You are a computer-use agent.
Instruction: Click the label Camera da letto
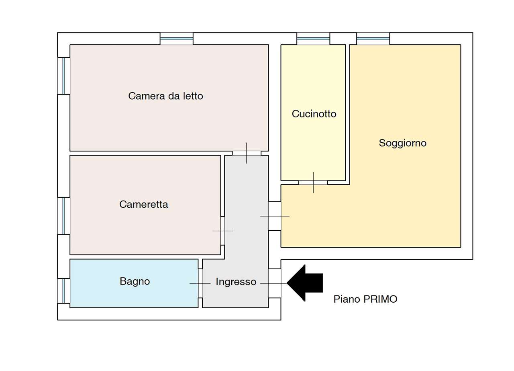tap(165, 96)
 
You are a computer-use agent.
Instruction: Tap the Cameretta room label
tap(143, 205)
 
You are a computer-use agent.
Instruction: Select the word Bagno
tap(135, 281)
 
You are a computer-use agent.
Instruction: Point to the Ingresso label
tap(236, 282)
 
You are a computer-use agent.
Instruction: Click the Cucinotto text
tap(314, 114)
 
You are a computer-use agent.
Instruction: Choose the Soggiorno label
tap(402, 143)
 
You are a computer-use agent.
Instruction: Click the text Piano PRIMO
tap(365, 299)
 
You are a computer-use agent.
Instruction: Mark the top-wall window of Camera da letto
tap(177, 39)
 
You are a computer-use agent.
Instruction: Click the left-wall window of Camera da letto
tap(64, 76)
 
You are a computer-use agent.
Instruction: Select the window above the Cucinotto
tap(313, 39)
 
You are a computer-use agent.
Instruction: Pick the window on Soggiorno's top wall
tap(373, 39)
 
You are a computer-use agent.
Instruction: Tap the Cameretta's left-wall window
tap(64, 216)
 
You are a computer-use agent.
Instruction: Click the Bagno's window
tap(64, 291)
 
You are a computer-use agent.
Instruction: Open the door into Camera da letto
tap(247, 153)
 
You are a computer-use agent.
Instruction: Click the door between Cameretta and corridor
tap(222, 231)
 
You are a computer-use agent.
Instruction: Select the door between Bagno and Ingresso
tap(200, 283)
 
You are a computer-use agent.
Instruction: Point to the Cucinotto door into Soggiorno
tap(313, 182)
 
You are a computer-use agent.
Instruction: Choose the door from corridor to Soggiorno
tap(275, 216)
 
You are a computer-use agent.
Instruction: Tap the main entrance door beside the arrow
tap(275, 283)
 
